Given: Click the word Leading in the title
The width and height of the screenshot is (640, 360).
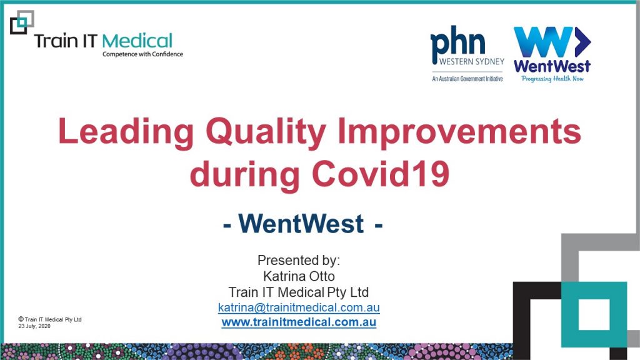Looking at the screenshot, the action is (126, 132).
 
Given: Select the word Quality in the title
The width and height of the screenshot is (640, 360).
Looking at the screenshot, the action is (266, 132).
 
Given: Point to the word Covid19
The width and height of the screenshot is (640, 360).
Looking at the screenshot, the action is (381, 174).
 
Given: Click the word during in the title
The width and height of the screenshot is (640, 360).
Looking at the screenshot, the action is (244, 174).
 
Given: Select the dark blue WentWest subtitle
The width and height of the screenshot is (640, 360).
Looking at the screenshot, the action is (302, 224).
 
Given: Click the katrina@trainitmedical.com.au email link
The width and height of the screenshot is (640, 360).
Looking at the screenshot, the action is (299, 307).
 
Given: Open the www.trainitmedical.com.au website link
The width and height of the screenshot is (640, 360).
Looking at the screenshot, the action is (299, 322).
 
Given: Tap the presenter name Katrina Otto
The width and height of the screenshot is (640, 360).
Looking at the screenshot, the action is (299, 276).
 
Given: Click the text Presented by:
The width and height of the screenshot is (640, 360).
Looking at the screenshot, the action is (298, 261).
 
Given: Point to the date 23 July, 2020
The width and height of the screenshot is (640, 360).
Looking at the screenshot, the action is (34, 326).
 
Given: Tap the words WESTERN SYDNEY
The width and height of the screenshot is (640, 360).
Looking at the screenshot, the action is (471, 62).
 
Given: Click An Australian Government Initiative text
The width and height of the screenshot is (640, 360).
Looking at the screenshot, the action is (467, 79).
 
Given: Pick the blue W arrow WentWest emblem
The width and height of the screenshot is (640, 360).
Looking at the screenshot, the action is (552, 42).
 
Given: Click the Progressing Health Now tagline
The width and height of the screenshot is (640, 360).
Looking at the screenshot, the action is (552, 79).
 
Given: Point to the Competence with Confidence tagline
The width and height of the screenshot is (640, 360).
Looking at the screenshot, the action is (142, 54).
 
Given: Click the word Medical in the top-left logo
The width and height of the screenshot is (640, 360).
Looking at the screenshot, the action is (137, 41).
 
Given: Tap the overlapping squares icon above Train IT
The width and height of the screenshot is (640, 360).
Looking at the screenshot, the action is (22, 22).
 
